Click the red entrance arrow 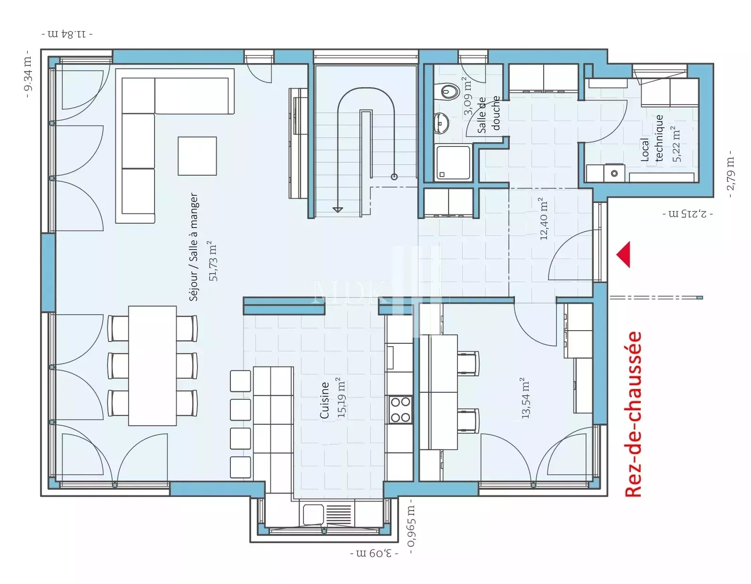coord(625,254)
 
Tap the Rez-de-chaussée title coord(633,414)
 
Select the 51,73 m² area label coord(213,261)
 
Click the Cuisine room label coord(325,400)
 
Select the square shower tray coord(453,162)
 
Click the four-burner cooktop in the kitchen coord(400,410)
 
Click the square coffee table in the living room coord(197,156)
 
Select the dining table coord(152,366)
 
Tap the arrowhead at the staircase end coord(338,210)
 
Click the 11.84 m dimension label coord(67,34)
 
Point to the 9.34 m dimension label coord(28,73)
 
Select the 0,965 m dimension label coord(411,527)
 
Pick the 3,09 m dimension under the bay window coord(374,553)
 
